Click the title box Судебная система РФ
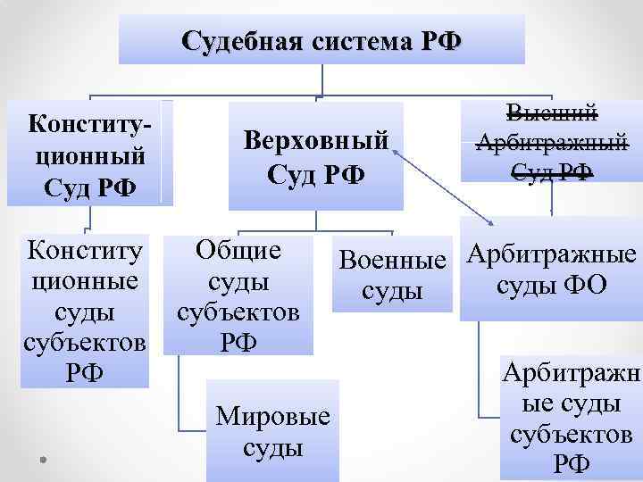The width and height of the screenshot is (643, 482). coord(321,41)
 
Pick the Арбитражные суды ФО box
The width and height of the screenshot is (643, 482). coord(551,269)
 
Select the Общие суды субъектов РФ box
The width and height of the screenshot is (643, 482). coord(238,295)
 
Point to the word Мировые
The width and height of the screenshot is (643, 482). coord(273,416)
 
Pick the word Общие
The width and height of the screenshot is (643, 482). coord(238,251)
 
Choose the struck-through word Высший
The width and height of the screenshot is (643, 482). coord(551,113)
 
